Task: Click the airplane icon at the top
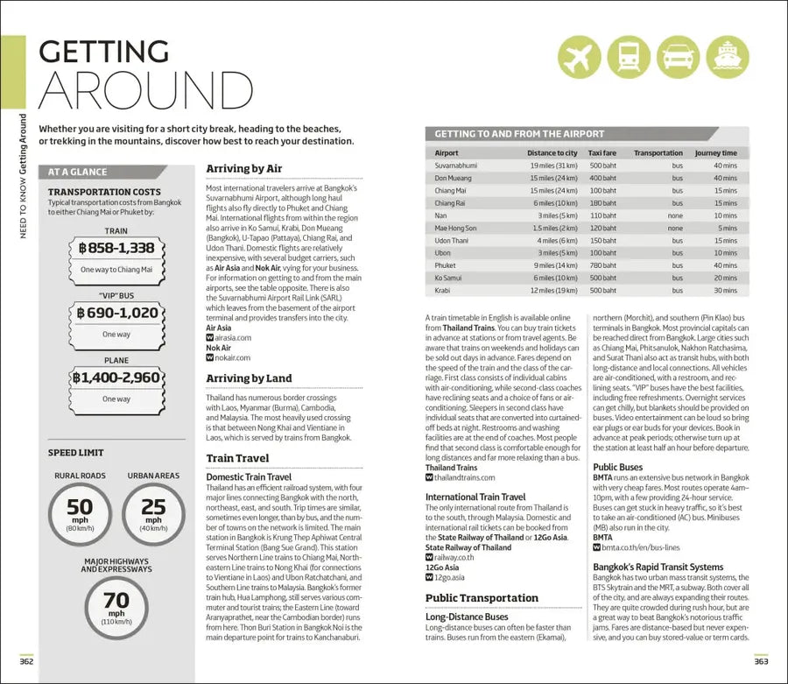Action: coord(580,57)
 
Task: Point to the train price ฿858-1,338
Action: coord(116,249)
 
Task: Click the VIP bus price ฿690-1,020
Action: coord(116,313)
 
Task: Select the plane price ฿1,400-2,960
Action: coord(116,377)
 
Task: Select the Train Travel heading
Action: coord(237,458)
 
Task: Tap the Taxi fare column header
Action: coord(602,153)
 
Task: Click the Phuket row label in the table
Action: coord(446,264)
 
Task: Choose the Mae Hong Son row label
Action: coord(455,227)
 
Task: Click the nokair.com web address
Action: coord(232,357)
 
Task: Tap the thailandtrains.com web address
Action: coord(464,478)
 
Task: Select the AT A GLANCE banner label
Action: coord(78,172)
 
